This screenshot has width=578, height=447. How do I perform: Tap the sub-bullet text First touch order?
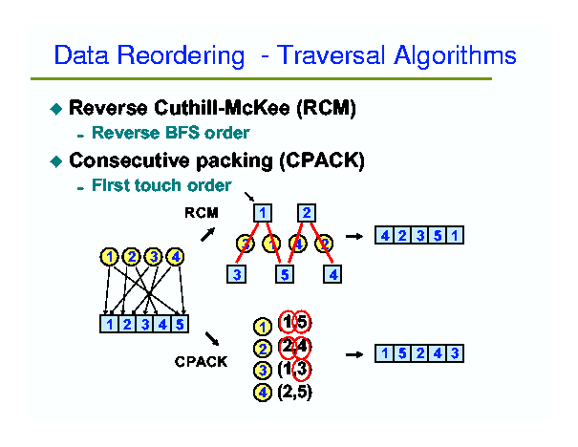pyautogui.click(x=161, y=185)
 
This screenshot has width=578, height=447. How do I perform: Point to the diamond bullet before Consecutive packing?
pyautogui.click(x=54, y=162)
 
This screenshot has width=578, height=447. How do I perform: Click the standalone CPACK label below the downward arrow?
pyautogui.click(x=201, y=361)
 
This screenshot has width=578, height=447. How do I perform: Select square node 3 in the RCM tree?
pyautogui.click(x=237, y=275)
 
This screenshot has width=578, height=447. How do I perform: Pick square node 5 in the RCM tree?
pyautogui.click(x=284, y=275)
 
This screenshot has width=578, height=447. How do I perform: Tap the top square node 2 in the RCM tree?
pyautogui.click(x=307, y=213)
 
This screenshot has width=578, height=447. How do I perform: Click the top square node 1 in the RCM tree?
pyautogui.click(x=262, y=213)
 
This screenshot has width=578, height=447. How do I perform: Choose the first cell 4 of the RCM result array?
pyautogui.click(x=384, y=235)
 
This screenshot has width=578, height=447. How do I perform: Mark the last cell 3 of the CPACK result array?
pyautogui.click(x=455, y=353)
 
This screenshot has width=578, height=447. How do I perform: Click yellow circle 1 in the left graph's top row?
pyautogui.click(x=111, y=256)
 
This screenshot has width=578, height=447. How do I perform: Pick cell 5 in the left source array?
pyautogui.click(x=181, y=324)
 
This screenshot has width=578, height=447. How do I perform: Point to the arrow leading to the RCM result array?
pyautogui.click(x=353, y=235)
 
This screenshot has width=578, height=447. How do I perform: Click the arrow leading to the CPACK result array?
pyautogui.click(x=353, y=354)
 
